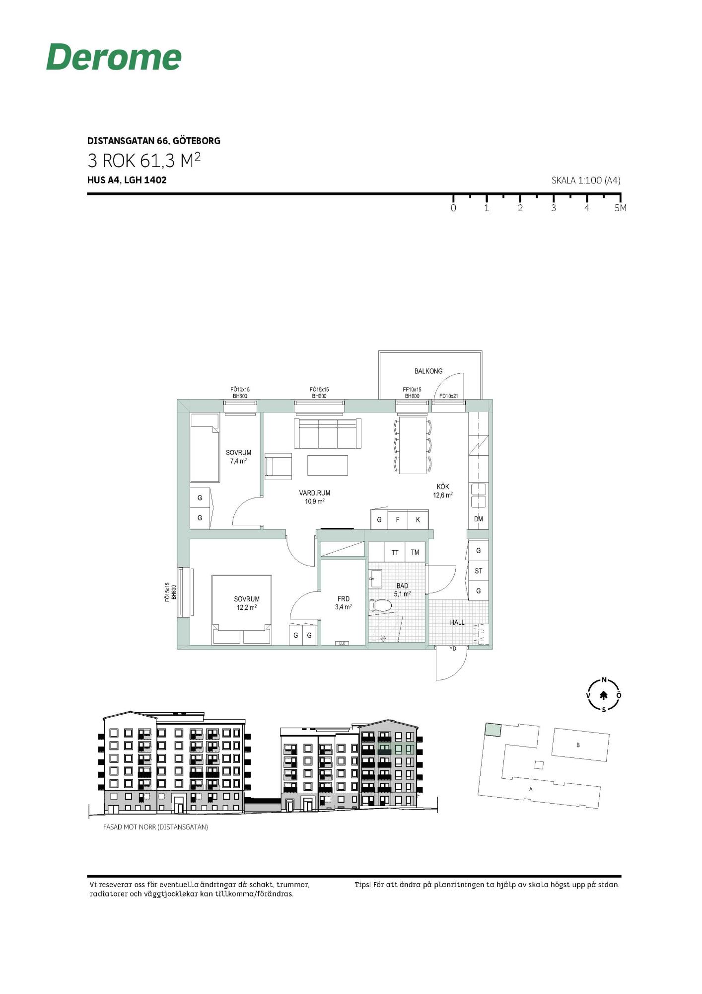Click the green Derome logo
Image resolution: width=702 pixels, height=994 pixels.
(x=114, y=57)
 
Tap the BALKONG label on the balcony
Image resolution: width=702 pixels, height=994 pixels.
(x=428, y=371)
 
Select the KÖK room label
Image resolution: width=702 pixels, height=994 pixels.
(x=443, y=487)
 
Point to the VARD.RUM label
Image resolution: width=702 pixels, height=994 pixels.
(x=314, y=493)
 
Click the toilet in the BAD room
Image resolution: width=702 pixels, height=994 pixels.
(x=380, y=605)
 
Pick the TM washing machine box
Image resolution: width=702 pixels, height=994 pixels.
(x=415, y=552)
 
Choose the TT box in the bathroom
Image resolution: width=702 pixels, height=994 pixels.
(x=395, y=552)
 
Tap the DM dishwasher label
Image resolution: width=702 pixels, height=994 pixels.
(x=479, y=519)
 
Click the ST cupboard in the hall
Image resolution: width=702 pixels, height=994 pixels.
(x=479, y=571)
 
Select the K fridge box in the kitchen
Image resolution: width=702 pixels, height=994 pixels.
(x=418, y=520)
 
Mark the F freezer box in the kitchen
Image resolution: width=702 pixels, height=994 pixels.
(x=398, y=520)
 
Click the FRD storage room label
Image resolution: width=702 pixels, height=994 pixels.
(x=344, y=599)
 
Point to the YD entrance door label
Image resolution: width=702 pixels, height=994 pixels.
(x=453, y=649)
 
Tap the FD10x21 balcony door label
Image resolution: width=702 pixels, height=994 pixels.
(x=449, y=396)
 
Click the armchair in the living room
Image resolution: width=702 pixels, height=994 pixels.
(x=278, y=466)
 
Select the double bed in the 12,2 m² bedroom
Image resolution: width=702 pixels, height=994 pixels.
(x=242, y=610)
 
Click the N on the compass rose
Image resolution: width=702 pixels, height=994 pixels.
(x=604, y=680)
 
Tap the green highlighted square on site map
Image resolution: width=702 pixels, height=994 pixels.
(x=493, y=730)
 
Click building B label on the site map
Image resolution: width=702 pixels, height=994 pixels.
(x=578, y=745)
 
